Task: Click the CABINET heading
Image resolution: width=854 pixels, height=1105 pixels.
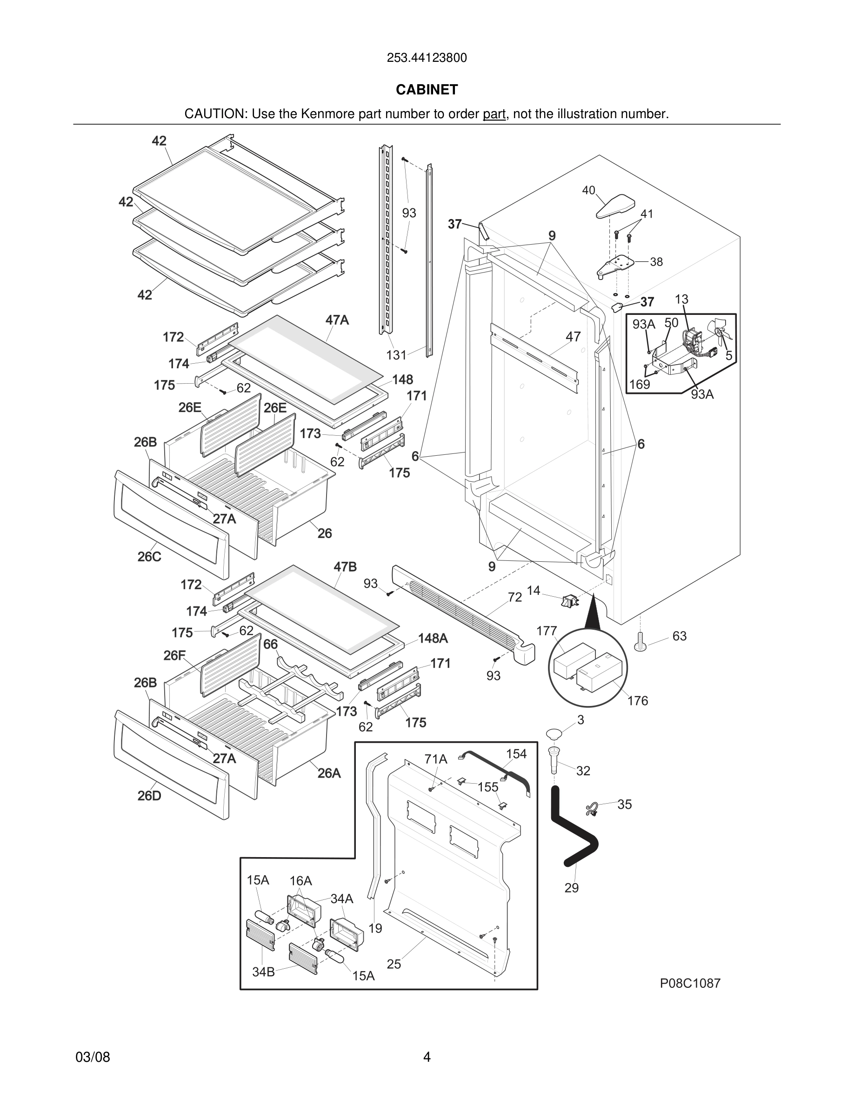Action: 427,90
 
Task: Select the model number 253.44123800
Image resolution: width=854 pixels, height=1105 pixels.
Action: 427,58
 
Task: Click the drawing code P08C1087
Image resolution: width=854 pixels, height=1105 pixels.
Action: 690,983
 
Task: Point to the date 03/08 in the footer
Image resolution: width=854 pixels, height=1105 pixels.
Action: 93,1057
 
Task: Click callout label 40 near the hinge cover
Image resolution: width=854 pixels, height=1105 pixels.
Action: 588,190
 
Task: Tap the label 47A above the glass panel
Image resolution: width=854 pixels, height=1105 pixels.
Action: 337,320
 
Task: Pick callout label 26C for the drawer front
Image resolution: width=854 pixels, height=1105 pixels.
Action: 149,557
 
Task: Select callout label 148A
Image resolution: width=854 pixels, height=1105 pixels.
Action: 433,639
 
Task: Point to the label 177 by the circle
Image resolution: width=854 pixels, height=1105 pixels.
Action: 547,631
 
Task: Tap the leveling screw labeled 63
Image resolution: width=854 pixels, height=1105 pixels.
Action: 640,643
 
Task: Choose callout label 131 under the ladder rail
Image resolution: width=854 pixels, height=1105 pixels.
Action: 396,355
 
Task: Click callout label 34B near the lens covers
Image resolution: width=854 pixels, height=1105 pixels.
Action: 263,972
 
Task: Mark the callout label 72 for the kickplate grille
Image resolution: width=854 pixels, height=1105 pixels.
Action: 514,598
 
